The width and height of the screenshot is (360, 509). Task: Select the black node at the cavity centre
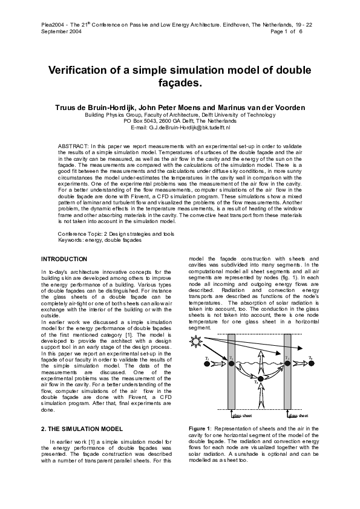pyautogui.click(x=258, y=381)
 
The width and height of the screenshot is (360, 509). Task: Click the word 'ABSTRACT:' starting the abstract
pyautogui.click(x=73, y=146)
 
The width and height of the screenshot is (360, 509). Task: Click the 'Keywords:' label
pyautogui.click(x=71, y=239)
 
